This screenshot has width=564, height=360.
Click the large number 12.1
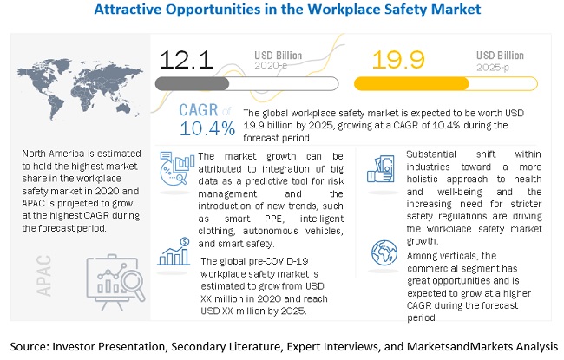pos(186,60)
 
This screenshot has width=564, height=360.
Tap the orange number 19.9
pos(398,60)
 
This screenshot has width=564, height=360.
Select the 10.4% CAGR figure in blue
pos(207,128)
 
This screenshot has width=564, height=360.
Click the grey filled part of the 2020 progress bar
pos(192,84)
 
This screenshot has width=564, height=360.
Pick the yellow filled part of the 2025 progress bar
pos(411,84)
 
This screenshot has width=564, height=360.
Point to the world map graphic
pos(80,88)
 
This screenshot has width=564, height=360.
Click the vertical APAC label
pos(44,276)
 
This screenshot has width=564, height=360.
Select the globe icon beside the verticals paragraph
pos(384,252)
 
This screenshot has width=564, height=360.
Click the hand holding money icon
pos(381,169)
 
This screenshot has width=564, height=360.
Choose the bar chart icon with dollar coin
pos(174,252)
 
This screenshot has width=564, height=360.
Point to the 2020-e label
pos(271,65)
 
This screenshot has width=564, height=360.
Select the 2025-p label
pos(493,68)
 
